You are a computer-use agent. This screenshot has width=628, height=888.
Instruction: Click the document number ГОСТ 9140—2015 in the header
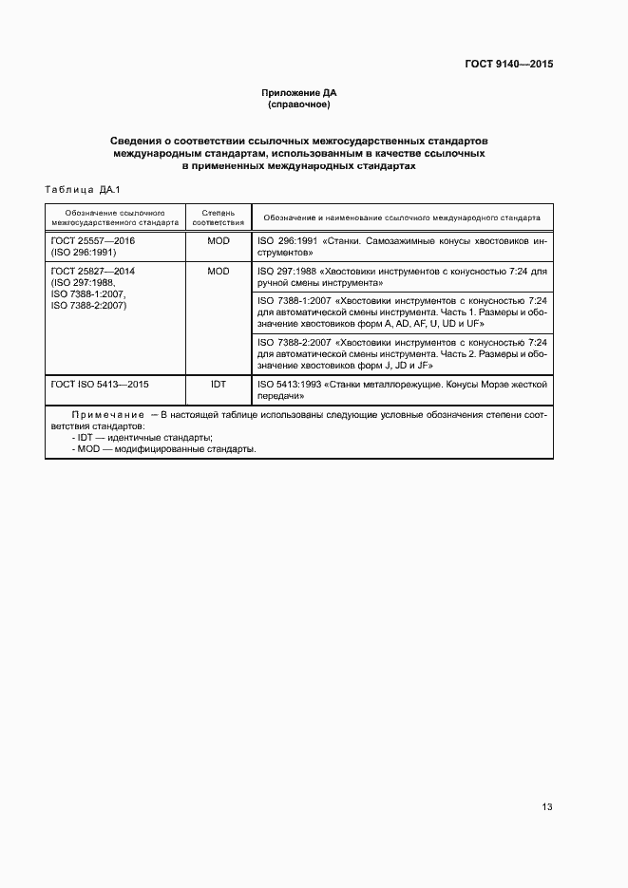[x=508, y=65]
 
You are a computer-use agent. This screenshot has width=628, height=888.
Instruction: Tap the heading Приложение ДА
[x=299, y=93]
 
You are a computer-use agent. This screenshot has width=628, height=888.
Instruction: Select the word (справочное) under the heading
[x=299, y=104]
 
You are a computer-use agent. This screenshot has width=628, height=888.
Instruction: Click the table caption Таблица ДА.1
[x=85, y=190]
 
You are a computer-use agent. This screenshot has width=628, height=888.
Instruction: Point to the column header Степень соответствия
[x=218, y=217]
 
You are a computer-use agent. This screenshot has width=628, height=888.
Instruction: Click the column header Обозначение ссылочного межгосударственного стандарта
[x=116, y=217]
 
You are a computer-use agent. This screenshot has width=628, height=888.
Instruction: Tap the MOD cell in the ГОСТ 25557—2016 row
[x=218, y=241]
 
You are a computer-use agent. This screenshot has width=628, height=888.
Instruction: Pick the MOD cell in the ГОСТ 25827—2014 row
[x=218, y=271]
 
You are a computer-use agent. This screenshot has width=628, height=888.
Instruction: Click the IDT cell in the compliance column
[x=218, y=384]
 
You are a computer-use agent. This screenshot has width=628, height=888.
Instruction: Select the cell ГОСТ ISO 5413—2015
[x=100, y=384]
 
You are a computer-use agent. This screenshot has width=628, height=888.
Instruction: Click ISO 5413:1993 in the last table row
[x=289, y=384]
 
